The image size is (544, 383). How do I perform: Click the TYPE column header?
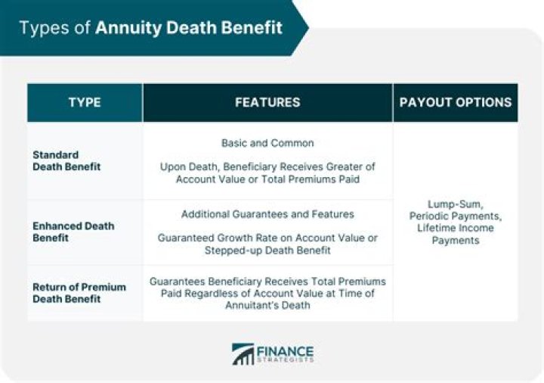coord(85,103)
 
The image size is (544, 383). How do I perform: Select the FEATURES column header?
coord(267,103)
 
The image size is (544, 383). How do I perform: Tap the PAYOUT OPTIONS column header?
coord(455,103)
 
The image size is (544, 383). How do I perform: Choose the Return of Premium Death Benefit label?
coord(79,293)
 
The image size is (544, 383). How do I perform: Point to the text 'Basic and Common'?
coord(267,143)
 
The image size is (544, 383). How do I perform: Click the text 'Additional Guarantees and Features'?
coord(267,214)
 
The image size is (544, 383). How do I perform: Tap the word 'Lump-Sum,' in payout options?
coord(455,204)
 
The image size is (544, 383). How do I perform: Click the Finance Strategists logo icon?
coord(243,355)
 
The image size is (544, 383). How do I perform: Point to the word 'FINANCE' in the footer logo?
coord(285,351)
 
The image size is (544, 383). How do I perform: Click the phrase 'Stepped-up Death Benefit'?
coord(267,249)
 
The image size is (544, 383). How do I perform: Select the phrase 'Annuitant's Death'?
coord(267,305)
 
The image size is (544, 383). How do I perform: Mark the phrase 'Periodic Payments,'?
coord(455,216)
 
